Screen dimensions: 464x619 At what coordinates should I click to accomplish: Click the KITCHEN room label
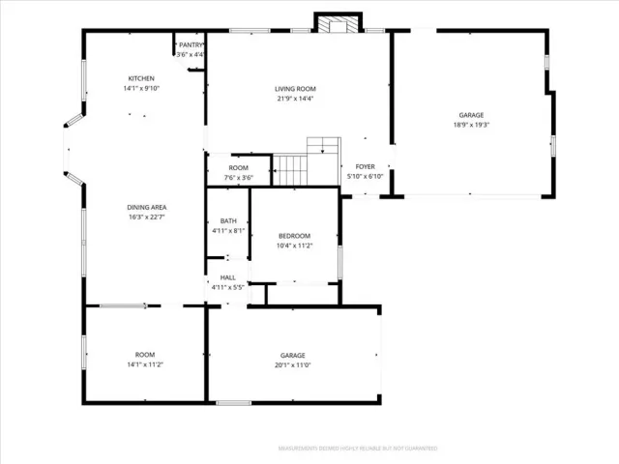pyautogui.click(x=142, y=78)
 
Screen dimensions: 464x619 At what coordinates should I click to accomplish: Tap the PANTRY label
pyautogui.click(x=190, y=44)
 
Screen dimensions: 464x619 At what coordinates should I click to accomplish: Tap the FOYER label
pyautogui.click(x=365, y=166)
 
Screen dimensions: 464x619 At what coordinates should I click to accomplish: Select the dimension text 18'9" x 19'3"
pyautogui.click(x=471, y=124)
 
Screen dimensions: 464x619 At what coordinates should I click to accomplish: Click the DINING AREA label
pyautogui.click(x=145, y=208)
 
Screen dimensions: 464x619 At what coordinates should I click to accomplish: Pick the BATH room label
pyautogui.click(x=228, y=220)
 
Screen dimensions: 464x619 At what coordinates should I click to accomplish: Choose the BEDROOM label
pyautogui.click(x=294, y=236)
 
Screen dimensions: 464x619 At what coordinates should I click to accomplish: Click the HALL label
pyautogui.click(x=227, y=277)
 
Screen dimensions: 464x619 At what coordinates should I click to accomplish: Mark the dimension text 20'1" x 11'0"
pyautogui.click(x=293, y=364)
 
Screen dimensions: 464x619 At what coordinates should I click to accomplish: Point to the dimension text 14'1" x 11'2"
pyautogui.click(x=145, y=364)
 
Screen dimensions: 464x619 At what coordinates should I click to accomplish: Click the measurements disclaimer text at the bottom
pyautogui.click(x=357, y=449)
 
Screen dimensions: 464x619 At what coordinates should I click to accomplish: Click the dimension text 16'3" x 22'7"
pyautogui.click(x=145, y=217)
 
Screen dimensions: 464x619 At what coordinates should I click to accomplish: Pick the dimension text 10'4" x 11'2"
pyautogui.click(x=294, y=246)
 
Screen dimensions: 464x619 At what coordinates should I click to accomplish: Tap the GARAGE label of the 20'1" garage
pyautogui.click(x=293, y=355)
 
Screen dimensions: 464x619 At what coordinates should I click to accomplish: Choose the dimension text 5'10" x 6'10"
pyautogui.click(x=365, y=176)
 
